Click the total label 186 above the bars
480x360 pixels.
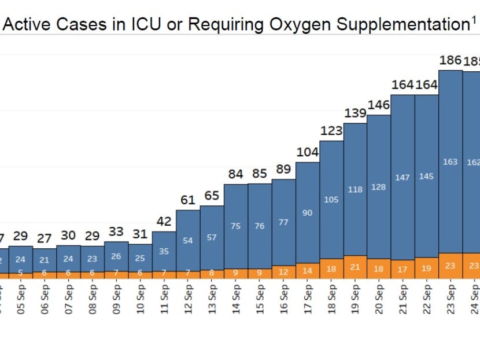(450, 60)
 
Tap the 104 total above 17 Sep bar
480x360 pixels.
(307, 152)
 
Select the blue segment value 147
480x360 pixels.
(403, 178)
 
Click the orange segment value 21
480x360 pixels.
(355, 267)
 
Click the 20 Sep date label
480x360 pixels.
(379, 299)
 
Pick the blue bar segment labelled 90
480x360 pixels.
(307, 213)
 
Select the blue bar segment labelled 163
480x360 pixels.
(450, 162)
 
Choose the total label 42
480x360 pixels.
(164, 222)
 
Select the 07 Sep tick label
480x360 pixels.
(69, 299)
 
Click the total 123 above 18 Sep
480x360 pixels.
(331, 131)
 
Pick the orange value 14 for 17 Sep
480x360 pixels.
(307, 270)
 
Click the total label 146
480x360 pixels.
(379, 105)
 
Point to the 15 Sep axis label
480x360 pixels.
(260, 299)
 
